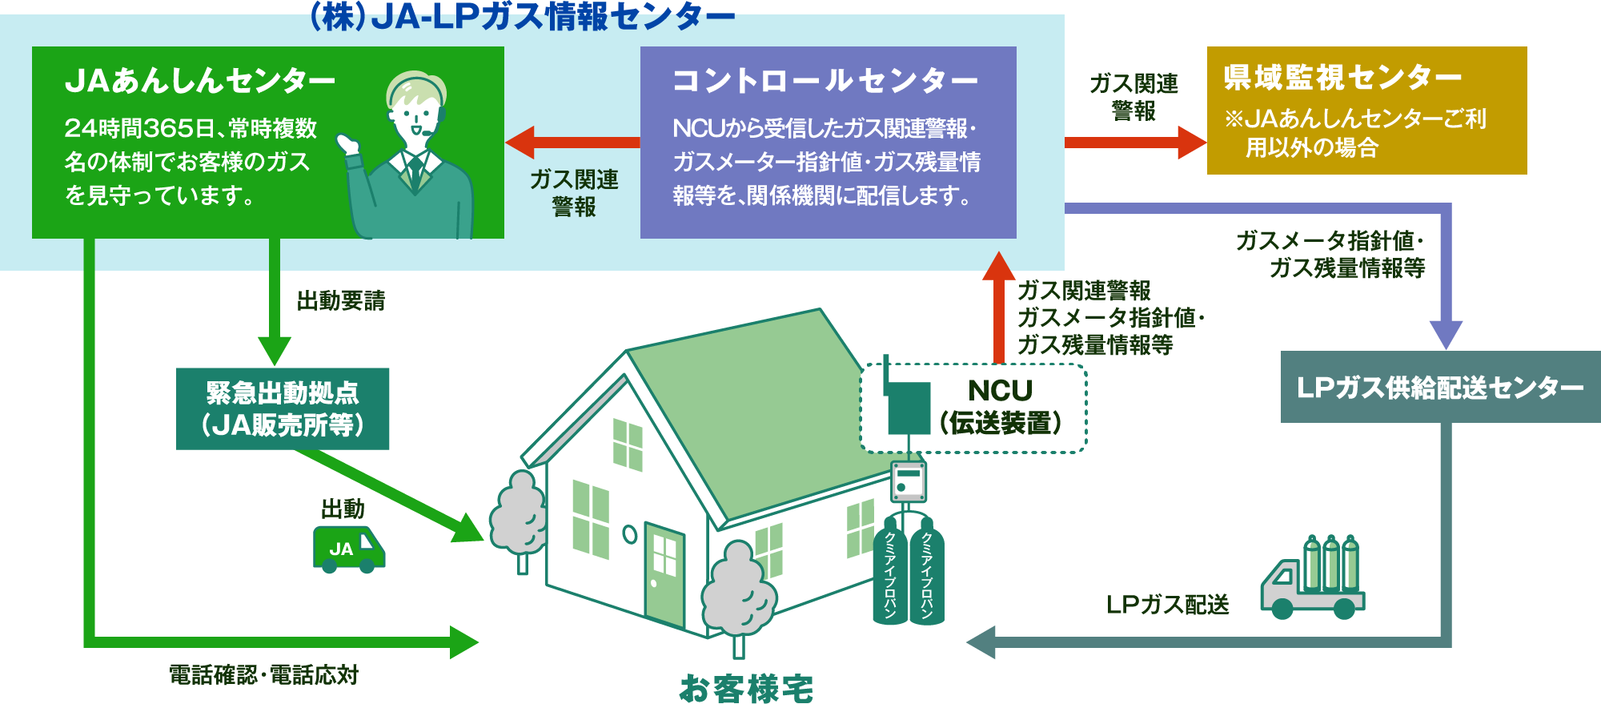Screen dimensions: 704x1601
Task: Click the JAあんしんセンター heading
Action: (x=200, y=81)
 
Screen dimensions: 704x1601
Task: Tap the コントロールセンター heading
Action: (x=825, y=81)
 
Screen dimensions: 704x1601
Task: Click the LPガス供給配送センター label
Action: (x=1439, y=388)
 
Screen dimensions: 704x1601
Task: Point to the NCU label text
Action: (x=1000, y=391)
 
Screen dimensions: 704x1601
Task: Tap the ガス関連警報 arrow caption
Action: (x=574, y=193)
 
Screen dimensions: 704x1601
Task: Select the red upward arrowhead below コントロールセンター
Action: (x=997, y=266)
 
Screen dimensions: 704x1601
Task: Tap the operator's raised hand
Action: (x=348, y=147)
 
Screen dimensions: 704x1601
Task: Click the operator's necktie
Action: (x=415, y=173)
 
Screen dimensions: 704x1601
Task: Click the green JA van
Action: (x=348, y=549)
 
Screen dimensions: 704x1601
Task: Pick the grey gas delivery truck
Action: (x=1313, y=581)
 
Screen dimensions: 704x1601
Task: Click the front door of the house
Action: (x=664, y=573)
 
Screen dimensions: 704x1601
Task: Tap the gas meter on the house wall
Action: (x=908, y=481)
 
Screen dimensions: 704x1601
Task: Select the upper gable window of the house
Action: (x=628, y=443)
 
